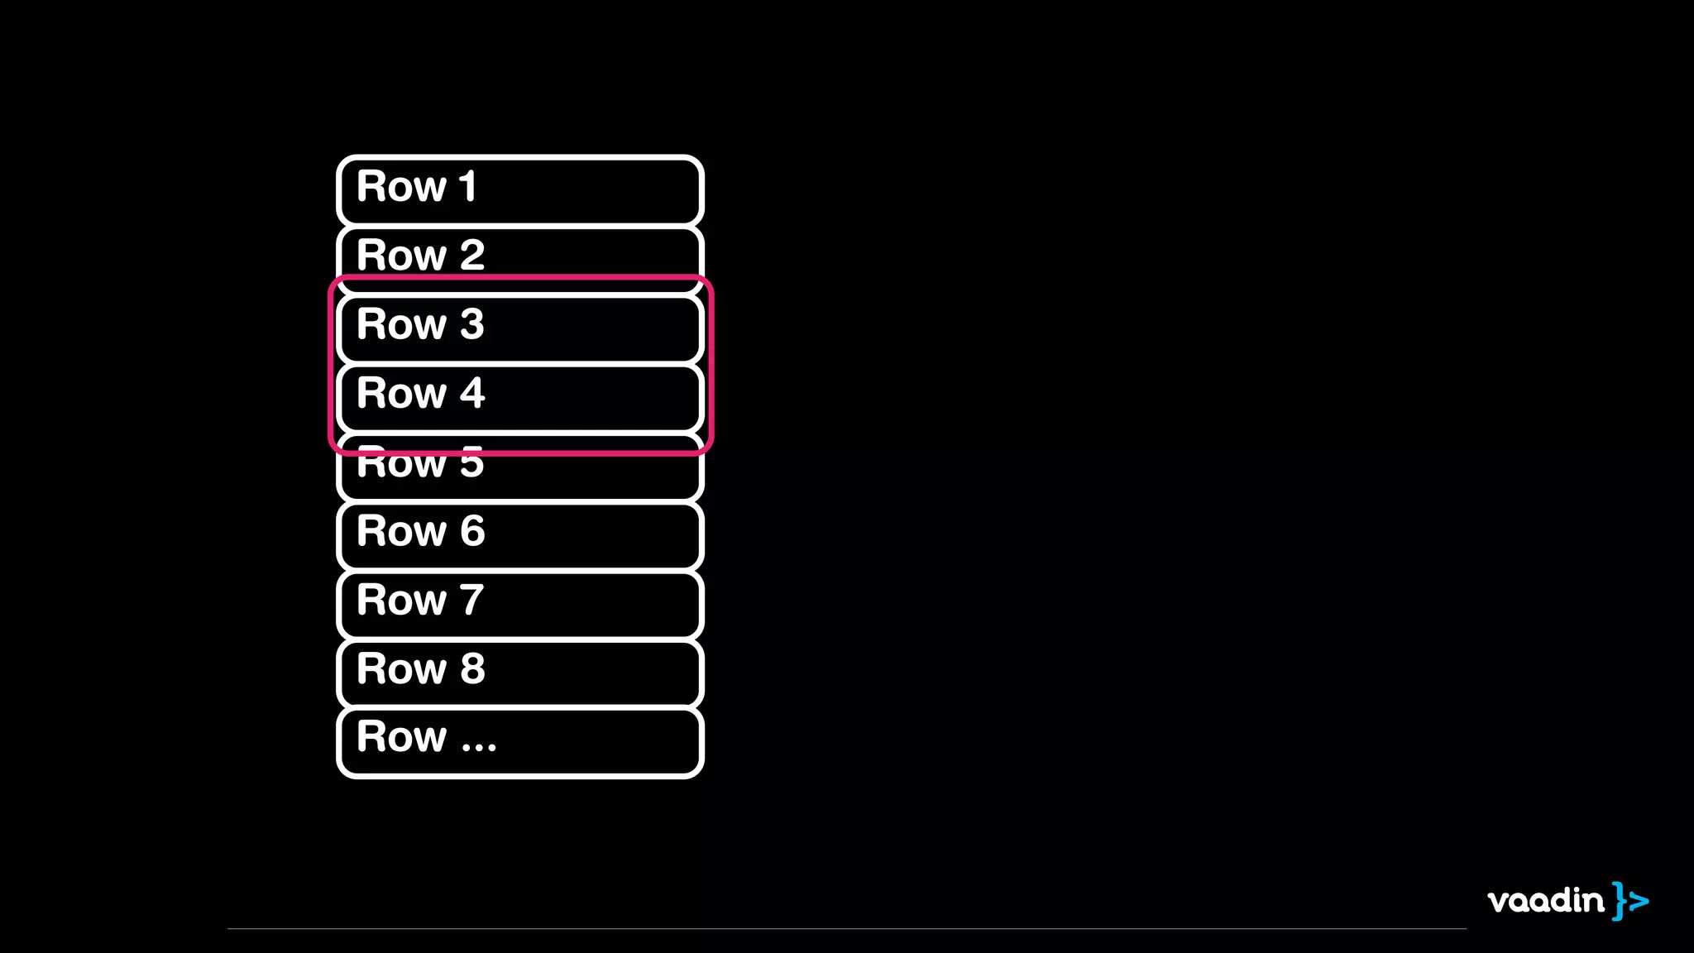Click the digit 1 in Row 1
[468, 186]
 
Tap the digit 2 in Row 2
[472, 255]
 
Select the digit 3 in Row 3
[472, 324]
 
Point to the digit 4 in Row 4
[472, 393]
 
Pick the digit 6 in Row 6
[472, 531]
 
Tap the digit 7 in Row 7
[472, 600]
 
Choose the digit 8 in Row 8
[472, 668]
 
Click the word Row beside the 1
[402, 186]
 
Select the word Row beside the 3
[402, 324]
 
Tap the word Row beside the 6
[402, 531]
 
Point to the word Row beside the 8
[402, 668]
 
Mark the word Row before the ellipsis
[402, 737]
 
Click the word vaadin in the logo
[1545, 900]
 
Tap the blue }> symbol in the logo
[1629, 901]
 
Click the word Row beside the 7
[402, 600]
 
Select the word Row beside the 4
[402, 393]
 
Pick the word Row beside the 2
[402, 255]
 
